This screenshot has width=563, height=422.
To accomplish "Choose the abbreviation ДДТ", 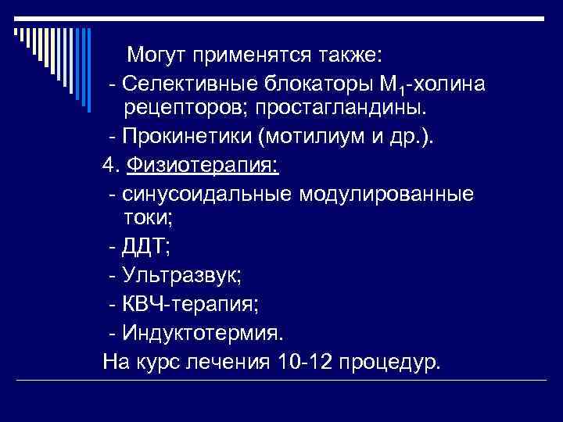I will coord(144,248).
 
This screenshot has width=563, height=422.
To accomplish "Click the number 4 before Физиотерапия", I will coord(108,166).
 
